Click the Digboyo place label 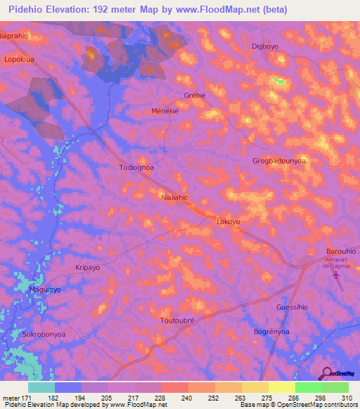click(265, 46)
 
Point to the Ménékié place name click(167, 111)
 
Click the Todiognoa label click(136, 168)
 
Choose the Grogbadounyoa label click(279, 161)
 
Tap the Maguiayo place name click(45, 290)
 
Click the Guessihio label click(292, 307)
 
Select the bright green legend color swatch click(308, 387)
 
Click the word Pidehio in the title click(22, 9)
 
